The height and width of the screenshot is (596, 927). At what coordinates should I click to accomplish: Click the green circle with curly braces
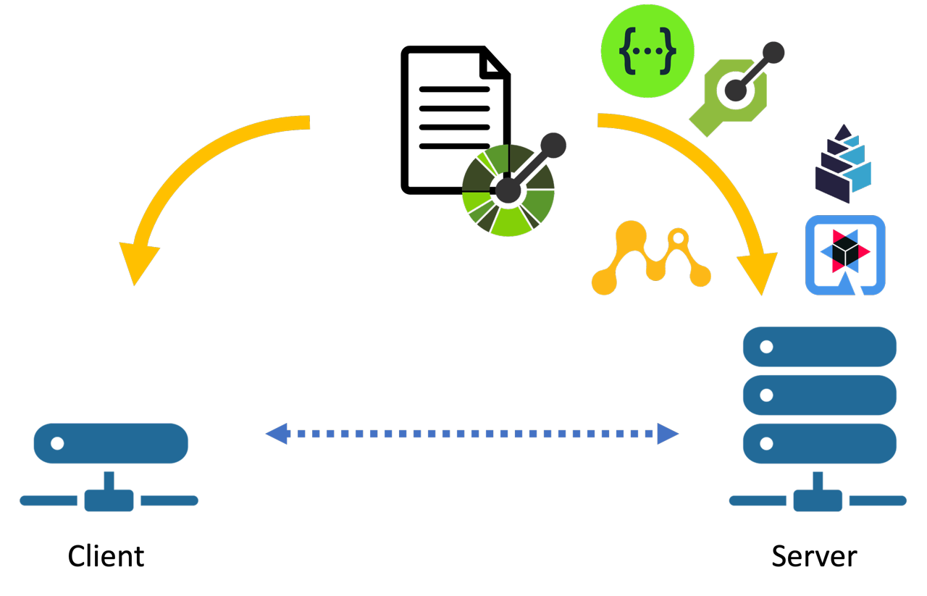point(647,51)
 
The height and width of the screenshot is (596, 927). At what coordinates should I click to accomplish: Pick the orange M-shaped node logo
point(651,259)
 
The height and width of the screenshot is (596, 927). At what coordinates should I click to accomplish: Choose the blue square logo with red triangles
point(845,255)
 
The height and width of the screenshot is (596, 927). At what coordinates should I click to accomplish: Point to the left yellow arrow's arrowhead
point(137,263)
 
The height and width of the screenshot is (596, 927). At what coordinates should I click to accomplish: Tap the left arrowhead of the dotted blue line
point(277,434)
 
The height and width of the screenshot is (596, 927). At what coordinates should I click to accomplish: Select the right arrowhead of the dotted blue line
point(668,434)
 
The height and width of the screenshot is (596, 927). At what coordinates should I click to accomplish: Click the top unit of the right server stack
point(820,347)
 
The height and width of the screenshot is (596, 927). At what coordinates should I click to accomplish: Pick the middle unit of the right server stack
point(820,395)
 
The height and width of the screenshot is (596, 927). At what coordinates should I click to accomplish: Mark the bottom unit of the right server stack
point(820,443)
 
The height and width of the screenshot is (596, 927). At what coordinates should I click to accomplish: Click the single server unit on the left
point(111,443)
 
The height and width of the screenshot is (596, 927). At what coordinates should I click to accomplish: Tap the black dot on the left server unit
point(57,443)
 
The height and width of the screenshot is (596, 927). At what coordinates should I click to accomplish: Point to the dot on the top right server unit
point(766,347)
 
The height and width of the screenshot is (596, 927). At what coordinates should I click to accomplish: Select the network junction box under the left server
point(109,500)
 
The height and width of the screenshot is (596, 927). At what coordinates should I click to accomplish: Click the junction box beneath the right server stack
point(818,500)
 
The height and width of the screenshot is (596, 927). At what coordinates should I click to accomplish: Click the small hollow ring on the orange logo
point(679,238)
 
